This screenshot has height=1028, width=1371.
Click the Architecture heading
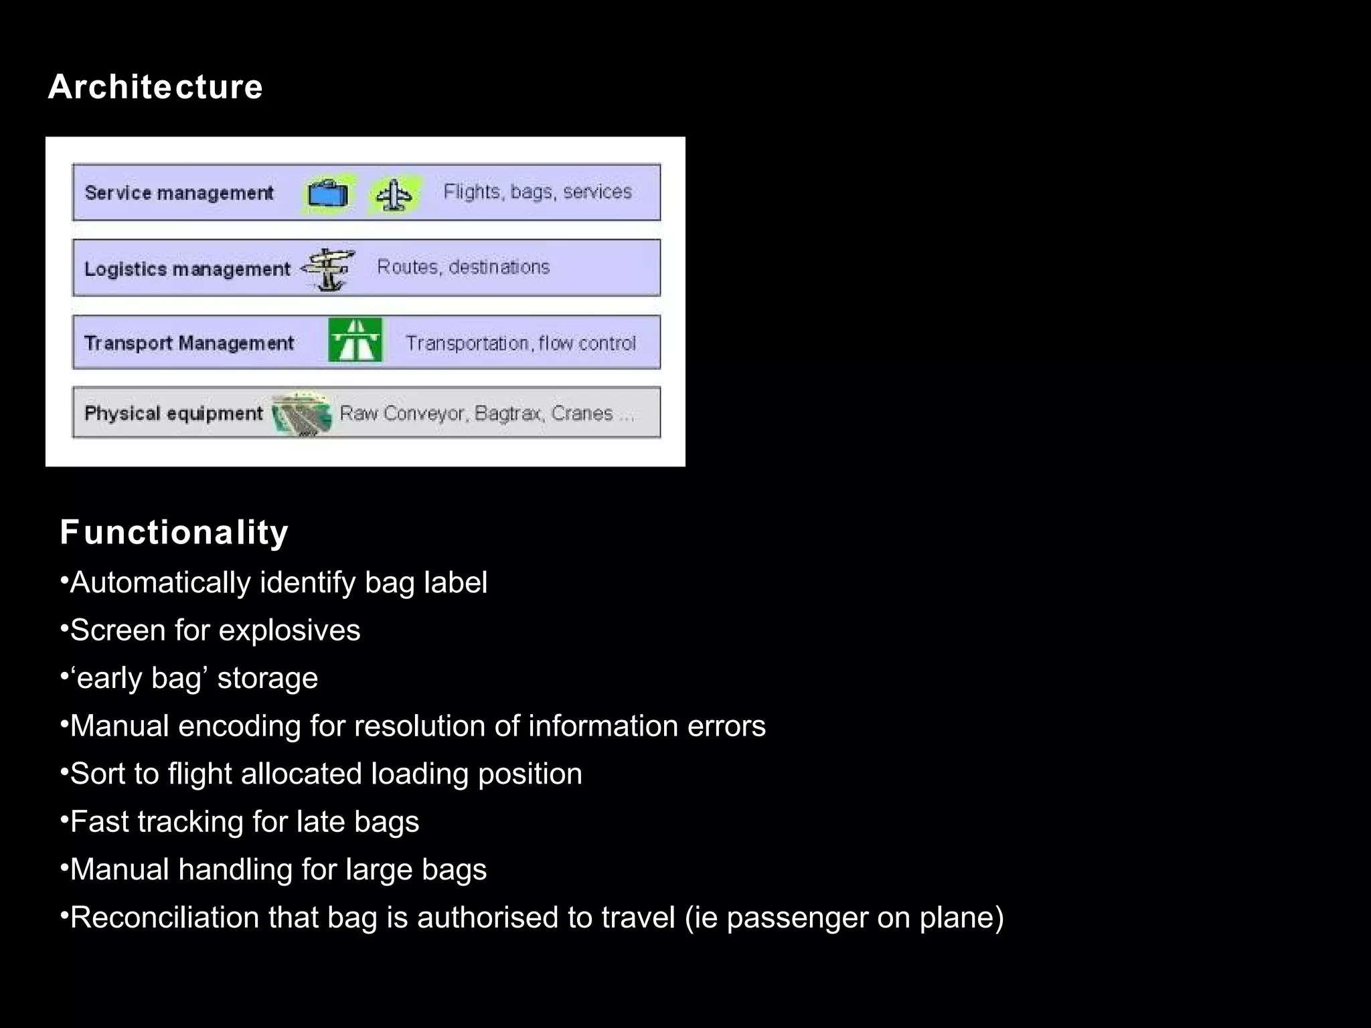pos(155,87)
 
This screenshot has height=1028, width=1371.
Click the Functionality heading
pos(174,533)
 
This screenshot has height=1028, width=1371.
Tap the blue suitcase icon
pos(327,194)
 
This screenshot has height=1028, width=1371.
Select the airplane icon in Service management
pos(394,195)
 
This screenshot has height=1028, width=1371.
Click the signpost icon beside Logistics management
pos(328,269)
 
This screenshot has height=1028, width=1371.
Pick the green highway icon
pos(355,340)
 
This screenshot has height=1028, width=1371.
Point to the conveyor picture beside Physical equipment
pos(302,414)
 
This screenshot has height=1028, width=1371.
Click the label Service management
pos(179,193)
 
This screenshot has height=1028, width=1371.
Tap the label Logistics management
pos(187,269)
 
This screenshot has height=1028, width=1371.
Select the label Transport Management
pos(189,343)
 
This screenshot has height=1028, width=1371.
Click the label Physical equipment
pos(173,414)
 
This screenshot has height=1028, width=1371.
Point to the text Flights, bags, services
pos(538,192)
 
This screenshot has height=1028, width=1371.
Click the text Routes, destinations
pos(463,267)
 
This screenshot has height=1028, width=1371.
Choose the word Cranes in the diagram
pos(582,414)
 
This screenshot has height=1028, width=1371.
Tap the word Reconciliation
pos(165,918)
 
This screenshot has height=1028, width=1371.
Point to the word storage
pos(267,679)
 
